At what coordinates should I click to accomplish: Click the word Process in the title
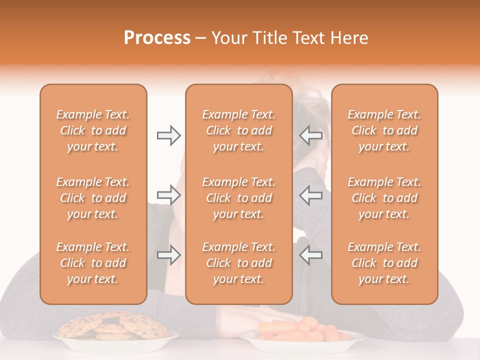157,38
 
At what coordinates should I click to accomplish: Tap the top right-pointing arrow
168,135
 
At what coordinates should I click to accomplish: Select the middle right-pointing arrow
168,195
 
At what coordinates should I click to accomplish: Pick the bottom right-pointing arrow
168,255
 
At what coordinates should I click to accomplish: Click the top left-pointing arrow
310,135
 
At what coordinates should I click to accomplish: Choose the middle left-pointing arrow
310,195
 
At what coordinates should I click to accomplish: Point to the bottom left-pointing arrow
310,255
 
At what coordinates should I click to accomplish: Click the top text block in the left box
93,130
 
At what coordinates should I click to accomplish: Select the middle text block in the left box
93,198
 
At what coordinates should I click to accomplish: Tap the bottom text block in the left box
93,263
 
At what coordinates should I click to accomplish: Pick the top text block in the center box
238,130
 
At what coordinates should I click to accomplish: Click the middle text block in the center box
238,198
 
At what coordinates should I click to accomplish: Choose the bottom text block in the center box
238,263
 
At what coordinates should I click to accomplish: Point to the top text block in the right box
384,130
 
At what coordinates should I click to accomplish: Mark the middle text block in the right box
384,198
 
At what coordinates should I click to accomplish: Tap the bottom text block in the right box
384,263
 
